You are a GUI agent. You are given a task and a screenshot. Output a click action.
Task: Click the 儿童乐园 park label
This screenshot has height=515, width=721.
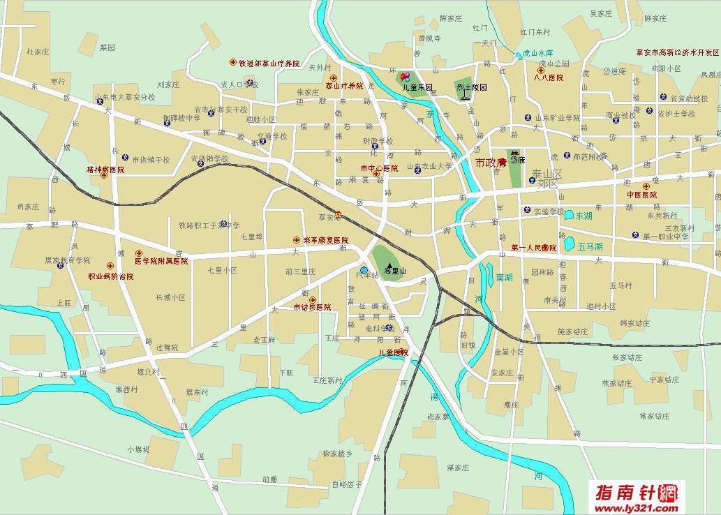[x=418, y=88]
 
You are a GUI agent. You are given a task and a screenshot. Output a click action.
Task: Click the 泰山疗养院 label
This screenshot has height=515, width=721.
[x=344, y=86]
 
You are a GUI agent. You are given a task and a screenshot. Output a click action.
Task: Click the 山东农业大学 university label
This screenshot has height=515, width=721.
[x=430, y=167]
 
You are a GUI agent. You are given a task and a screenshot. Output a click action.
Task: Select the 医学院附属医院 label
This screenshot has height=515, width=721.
[x=161, y=261]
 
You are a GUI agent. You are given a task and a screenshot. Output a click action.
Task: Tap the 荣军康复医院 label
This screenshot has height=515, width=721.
[x=320, y=240]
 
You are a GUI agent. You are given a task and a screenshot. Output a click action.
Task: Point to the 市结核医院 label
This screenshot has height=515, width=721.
[x=312, y=307]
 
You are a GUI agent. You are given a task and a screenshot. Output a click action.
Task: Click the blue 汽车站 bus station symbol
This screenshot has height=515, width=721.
[x=364, y=270]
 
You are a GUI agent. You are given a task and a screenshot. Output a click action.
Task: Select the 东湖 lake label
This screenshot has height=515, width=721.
[x=583, y=216]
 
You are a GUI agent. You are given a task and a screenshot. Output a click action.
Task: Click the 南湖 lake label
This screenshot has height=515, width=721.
[x=503, y=277]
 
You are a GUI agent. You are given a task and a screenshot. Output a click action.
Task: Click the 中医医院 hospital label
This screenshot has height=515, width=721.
[x=641, y=195]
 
